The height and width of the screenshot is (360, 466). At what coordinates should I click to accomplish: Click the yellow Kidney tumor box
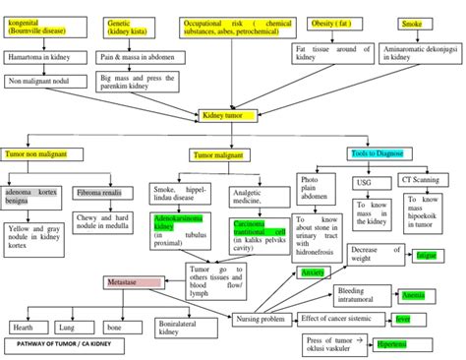point(228,116)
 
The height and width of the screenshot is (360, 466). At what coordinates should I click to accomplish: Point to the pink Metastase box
point(134,283)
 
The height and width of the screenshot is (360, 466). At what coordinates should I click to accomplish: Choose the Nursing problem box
point(260,319)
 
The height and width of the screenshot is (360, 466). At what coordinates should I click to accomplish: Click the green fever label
point(402,319)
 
